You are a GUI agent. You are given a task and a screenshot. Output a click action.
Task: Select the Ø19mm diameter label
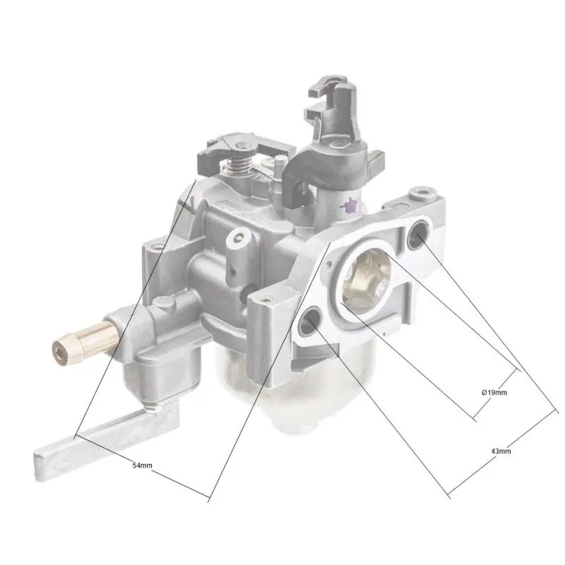pyautogui.click(x=494, y=391)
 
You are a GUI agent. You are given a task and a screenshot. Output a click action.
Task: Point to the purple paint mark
pyautogui.click(x=348, y=206)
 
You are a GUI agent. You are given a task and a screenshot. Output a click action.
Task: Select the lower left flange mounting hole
pyautogui.click(x=309, y=323)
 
